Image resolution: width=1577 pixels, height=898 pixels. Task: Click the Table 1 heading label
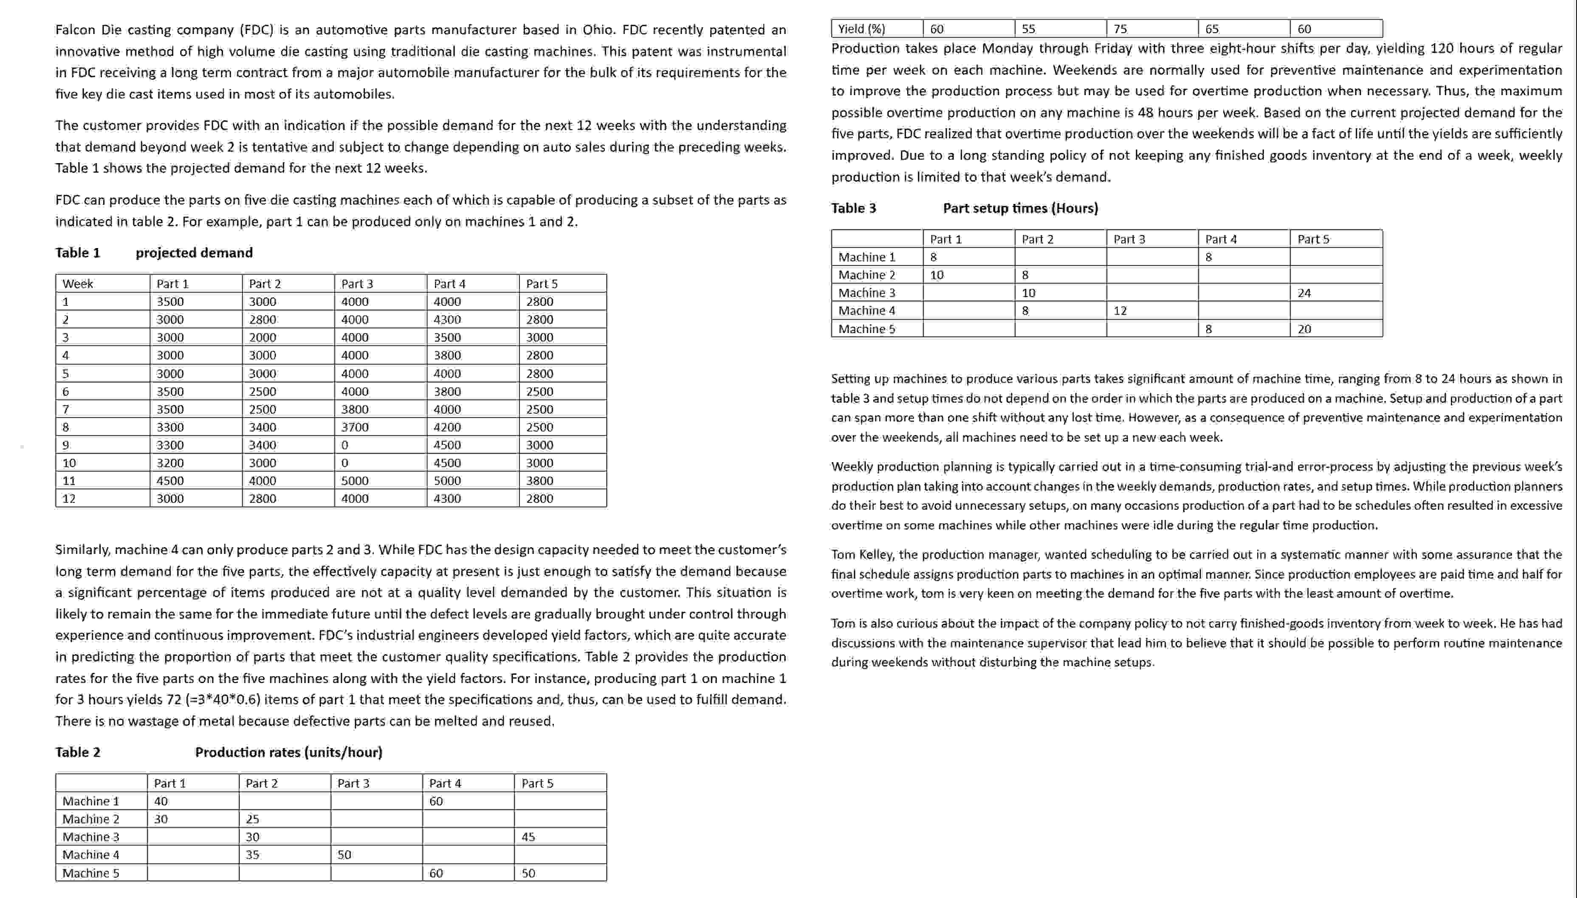coord(78,253)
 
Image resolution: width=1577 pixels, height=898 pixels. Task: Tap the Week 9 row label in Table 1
coord(65,445)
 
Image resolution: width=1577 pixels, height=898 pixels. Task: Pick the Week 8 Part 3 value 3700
coord(355,427)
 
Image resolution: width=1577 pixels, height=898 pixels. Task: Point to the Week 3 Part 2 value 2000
coord(262,337)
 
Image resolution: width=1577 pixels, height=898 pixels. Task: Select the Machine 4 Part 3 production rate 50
coord(344,855)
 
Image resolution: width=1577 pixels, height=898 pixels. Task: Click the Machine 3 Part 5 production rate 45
coord(528,837)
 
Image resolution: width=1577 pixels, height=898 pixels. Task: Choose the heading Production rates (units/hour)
coord(288,752)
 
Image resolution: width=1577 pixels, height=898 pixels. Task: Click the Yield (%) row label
coord(861,29)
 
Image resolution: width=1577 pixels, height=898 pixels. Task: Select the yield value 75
coord(1120,29)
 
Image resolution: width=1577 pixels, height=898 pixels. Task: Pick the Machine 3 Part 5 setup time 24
coord(1304,293)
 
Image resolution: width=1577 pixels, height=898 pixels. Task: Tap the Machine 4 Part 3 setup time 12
coord(1120,311)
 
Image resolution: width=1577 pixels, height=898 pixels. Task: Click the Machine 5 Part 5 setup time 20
coord(1304,329)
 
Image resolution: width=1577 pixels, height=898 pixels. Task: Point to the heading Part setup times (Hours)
coord(1020,209)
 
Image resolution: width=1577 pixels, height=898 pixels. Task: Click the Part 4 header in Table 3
coord(1221,239)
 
